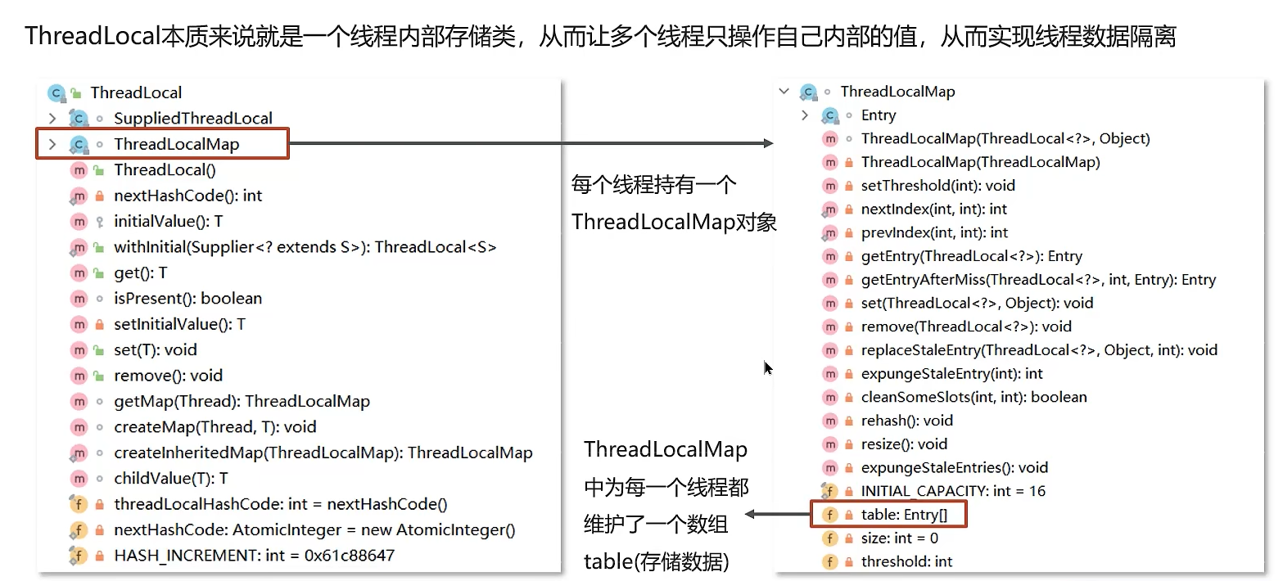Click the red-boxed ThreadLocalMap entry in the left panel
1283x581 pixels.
[176, 144]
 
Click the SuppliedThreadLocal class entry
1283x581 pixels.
[192, 118]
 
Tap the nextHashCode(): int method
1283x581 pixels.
[187, 196]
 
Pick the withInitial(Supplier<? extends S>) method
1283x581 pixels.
[305, 247]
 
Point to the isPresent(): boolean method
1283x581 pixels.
[187, 299]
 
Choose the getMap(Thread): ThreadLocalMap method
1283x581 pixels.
[242, 401]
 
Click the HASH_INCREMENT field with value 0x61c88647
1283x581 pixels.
[254, 556]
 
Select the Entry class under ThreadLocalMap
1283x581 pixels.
[878, 115]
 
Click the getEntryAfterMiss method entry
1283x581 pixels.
[1038, 280]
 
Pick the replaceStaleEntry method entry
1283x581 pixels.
[1039, 350]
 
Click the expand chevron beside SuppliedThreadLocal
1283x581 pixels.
[52, 119]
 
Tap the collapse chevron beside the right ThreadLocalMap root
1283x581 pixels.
[784, 92]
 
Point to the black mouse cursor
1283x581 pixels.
[768, 368]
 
